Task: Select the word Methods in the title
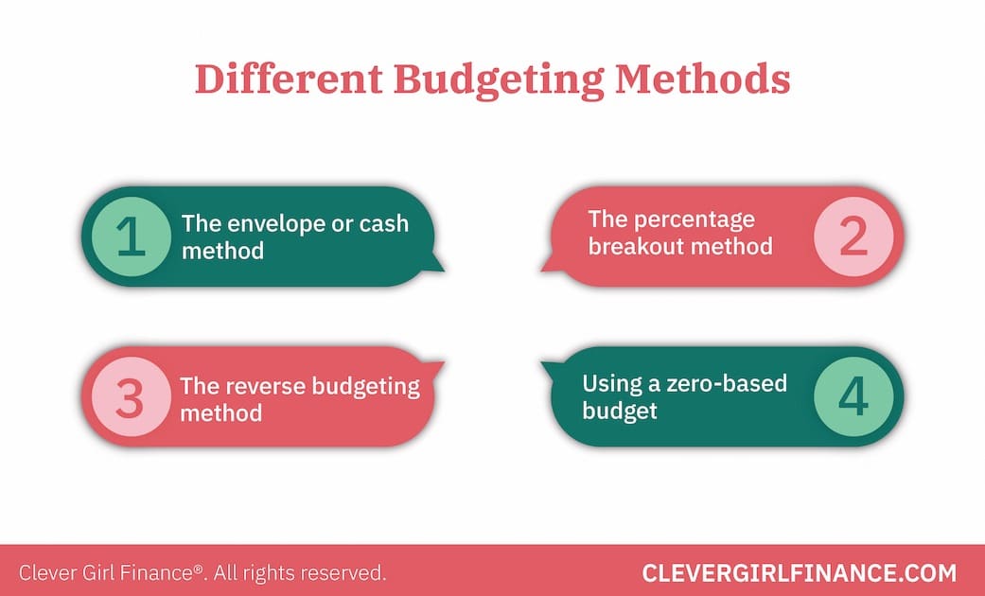(x=702, y=79)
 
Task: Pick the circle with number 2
(x=853, y=236)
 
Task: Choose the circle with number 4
(x=853, y=398)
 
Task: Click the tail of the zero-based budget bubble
(x=551, y=369)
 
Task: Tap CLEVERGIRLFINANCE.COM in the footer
(x=799, y=572)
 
